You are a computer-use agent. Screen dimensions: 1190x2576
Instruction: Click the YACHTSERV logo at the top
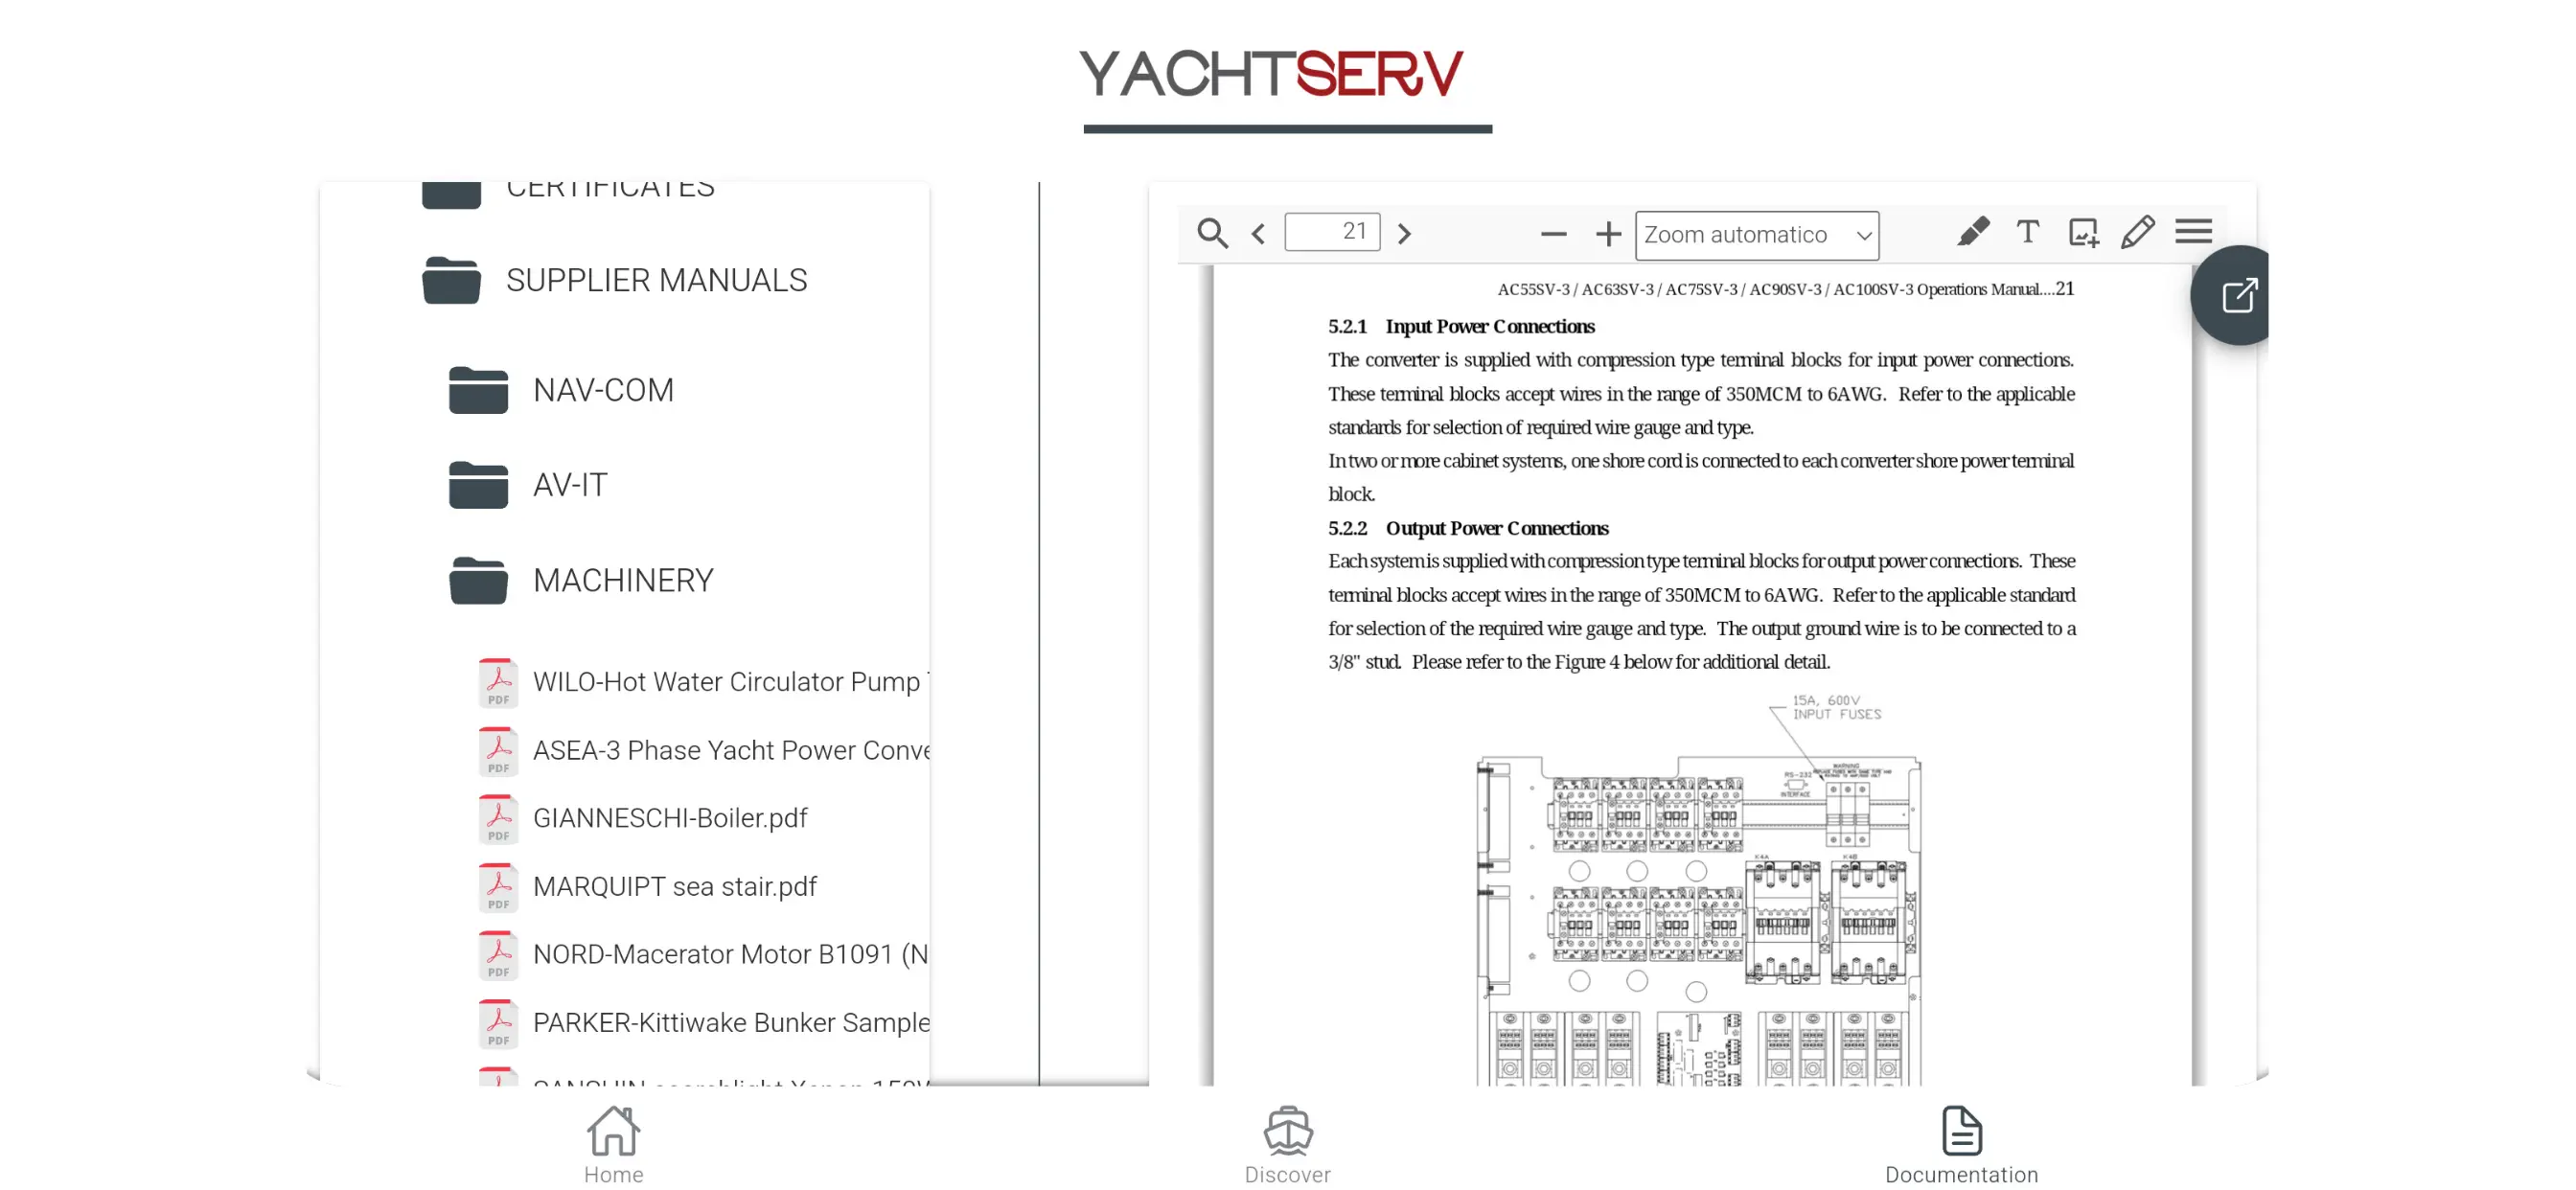1271,75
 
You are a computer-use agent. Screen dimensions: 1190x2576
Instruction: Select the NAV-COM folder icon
478,390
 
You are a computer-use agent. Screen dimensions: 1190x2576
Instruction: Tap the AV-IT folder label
569,485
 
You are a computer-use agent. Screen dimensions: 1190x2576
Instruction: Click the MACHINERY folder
622,580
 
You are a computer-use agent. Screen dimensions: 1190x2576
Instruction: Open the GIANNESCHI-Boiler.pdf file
669,818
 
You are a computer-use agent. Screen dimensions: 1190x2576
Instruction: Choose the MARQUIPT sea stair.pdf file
674,886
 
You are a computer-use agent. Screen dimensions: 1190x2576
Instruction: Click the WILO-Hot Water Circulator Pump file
726,682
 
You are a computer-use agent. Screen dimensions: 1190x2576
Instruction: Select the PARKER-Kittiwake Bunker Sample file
730,1022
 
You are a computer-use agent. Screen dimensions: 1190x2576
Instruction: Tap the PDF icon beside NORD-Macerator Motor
498,955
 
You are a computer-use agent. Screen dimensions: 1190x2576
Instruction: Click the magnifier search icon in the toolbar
1212,234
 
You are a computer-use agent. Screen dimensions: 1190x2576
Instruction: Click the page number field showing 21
1332,232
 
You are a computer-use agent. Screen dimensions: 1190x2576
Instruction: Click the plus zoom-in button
1608,234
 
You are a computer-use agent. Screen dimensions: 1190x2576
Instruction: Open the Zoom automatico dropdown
1756,235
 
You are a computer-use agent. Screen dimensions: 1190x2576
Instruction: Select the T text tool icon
2027,232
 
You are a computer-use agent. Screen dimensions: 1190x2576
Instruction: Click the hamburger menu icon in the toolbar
2193,232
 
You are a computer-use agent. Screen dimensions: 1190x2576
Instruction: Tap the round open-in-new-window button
2237,296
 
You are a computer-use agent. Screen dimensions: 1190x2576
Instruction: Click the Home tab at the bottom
613,1146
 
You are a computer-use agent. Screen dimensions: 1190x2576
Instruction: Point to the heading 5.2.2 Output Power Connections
1468,528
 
